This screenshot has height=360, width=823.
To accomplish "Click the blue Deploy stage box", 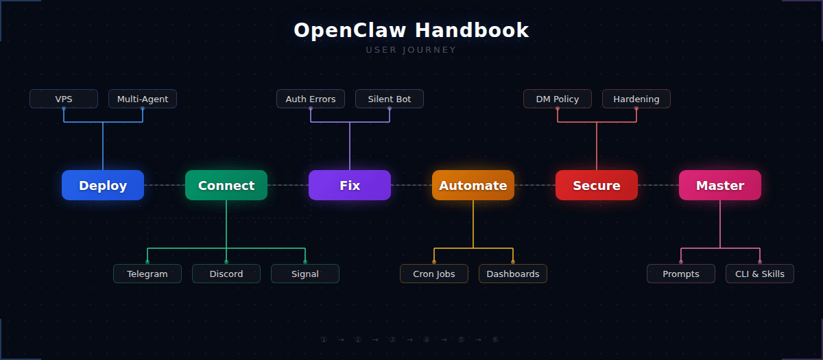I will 103,185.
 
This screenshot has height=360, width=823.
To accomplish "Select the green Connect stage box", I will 226,185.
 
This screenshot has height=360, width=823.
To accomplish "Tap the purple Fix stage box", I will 350,185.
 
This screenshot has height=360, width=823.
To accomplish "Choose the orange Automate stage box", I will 473,185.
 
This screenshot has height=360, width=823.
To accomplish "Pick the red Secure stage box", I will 597,185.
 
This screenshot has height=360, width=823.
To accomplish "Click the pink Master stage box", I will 720,185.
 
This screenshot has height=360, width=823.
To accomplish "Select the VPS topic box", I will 64,99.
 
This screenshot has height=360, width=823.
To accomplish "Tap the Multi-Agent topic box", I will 143,99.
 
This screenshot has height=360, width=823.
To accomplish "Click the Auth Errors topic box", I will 311,99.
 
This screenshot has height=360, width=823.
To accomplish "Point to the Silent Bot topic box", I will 390,99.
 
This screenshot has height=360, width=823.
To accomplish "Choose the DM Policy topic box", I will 558,99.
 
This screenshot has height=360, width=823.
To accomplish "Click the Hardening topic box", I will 636,99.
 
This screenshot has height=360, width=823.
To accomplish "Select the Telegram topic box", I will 147,274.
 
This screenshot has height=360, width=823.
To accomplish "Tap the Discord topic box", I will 226,274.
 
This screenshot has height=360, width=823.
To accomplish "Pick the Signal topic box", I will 305,274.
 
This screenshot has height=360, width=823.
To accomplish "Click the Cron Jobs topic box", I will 434,274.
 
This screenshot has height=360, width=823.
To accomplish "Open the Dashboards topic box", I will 513,274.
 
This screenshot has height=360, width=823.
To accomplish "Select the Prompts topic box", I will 681,274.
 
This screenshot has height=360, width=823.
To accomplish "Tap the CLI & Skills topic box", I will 760,274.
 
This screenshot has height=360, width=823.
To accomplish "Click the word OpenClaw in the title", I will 350,30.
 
